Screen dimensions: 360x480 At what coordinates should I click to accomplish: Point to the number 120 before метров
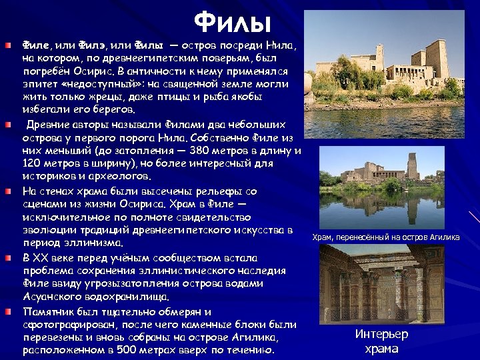coord(33,163)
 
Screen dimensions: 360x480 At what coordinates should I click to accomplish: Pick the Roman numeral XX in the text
coord(43,257)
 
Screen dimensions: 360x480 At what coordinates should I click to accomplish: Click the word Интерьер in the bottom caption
coord(381,335)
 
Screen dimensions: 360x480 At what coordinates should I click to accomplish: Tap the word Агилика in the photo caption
coord(441,237)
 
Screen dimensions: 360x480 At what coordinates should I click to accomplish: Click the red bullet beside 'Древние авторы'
coord(7,125)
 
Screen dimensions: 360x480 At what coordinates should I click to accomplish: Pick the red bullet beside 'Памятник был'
coord(7,311)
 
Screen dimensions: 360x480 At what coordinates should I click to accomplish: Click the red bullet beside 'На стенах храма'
coord(7,191)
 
